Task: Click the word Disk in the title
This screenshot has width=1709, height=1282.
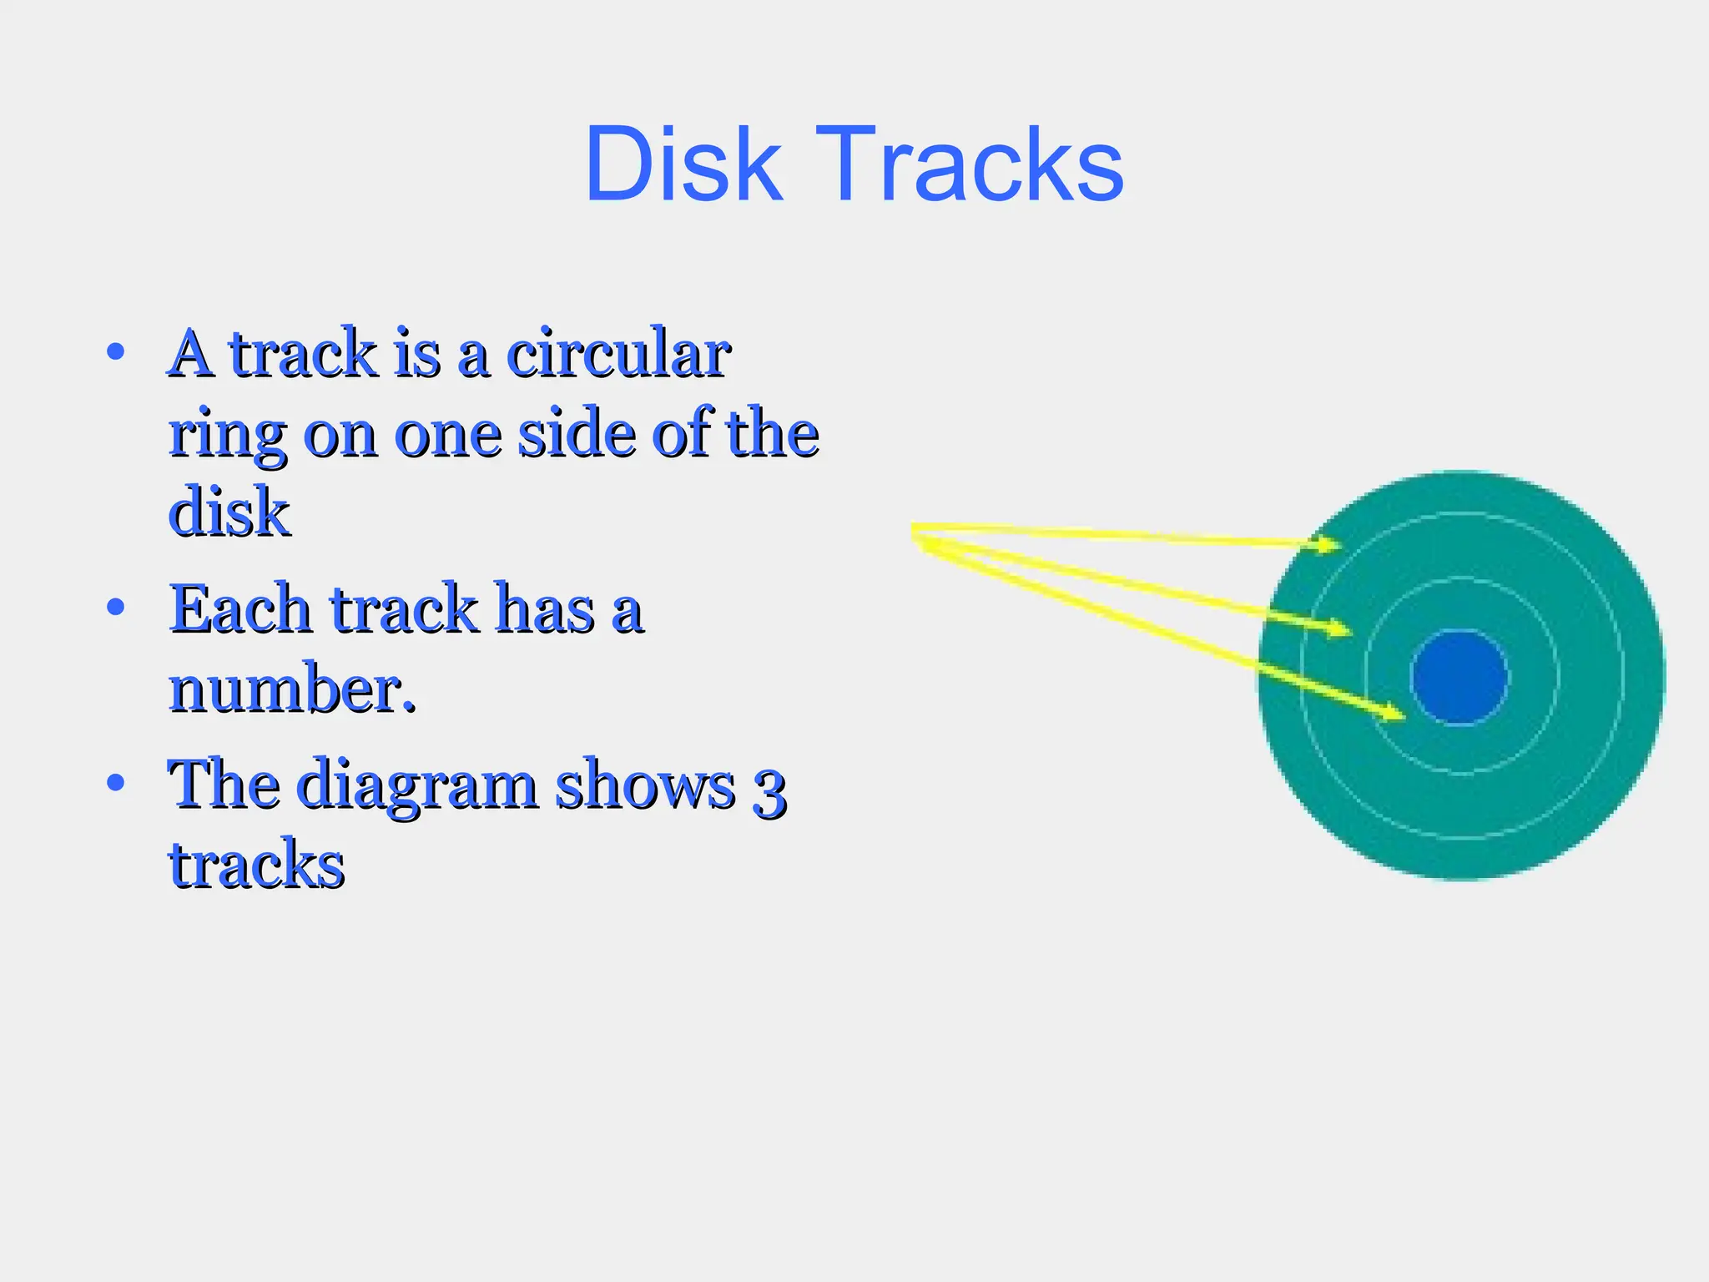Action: click(x=683, y=164)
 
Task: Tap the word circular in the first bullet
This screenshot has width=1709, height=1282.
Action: click(x=618, y=354)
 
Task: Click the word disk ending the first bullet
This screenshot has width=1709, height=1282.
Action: click(x=229, y=511)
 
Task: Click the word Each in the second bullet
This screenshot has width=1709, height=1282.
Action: click(x=240, y=609)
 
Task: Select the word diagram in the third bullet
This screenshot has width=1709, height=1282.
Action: click(x=416, y=785)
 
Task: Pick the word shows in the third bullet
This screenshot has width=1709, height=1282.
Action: click(x=646, y=785)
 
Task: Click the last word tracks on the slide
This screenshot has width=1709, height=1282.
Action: click(x=257, y=864)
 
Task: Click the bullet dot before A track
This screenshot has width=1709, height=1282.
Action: click(x=116, y=352)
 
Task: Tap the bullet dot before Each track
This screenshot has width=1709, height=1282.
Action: click(x=116, y=607)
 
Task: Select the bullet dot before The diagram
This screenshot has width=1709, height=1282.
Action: click(x=116, y=783)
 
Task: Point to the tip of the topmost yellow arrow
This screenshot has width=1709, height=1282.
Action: click(x=1340, y=547)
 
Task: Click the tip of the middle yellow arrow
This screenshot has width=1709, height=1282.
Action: click(x=1349, y=630)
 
